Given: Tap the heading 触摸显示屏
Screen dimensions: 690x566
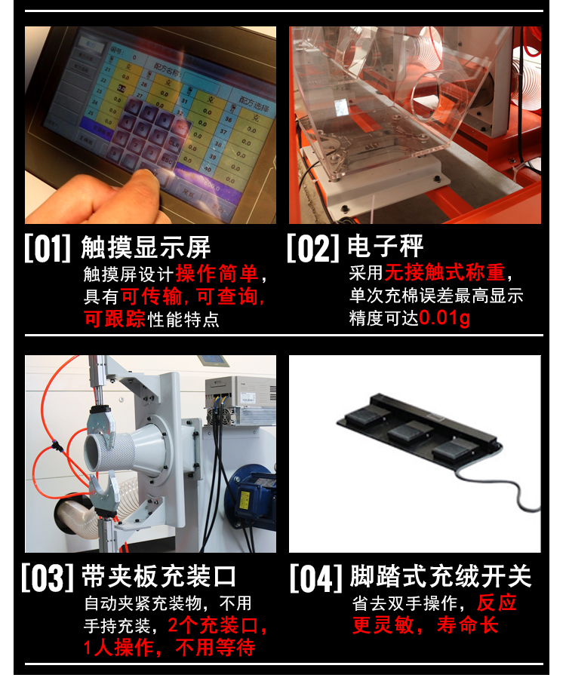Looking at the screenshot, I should pos(146,247).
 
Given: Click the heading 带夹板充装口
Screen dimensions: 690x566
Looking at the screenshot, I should pos(159,577).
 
